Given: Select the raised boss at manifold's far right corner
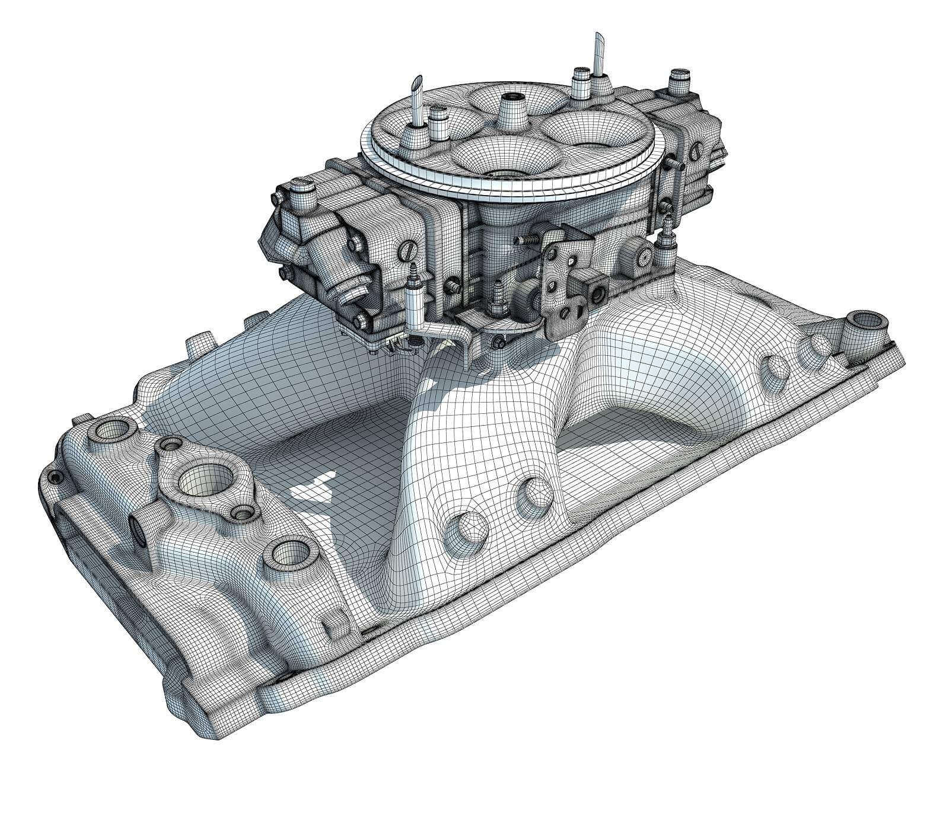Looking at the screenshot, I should coord(867,323).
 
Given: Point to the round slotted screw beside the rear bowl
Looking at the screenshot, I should coord(644,254).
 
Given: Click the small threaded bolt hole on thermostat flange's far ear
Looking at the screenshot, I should coord(172,443).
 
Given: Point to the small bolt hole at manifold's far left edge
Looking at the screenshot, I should coord(55,477).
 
